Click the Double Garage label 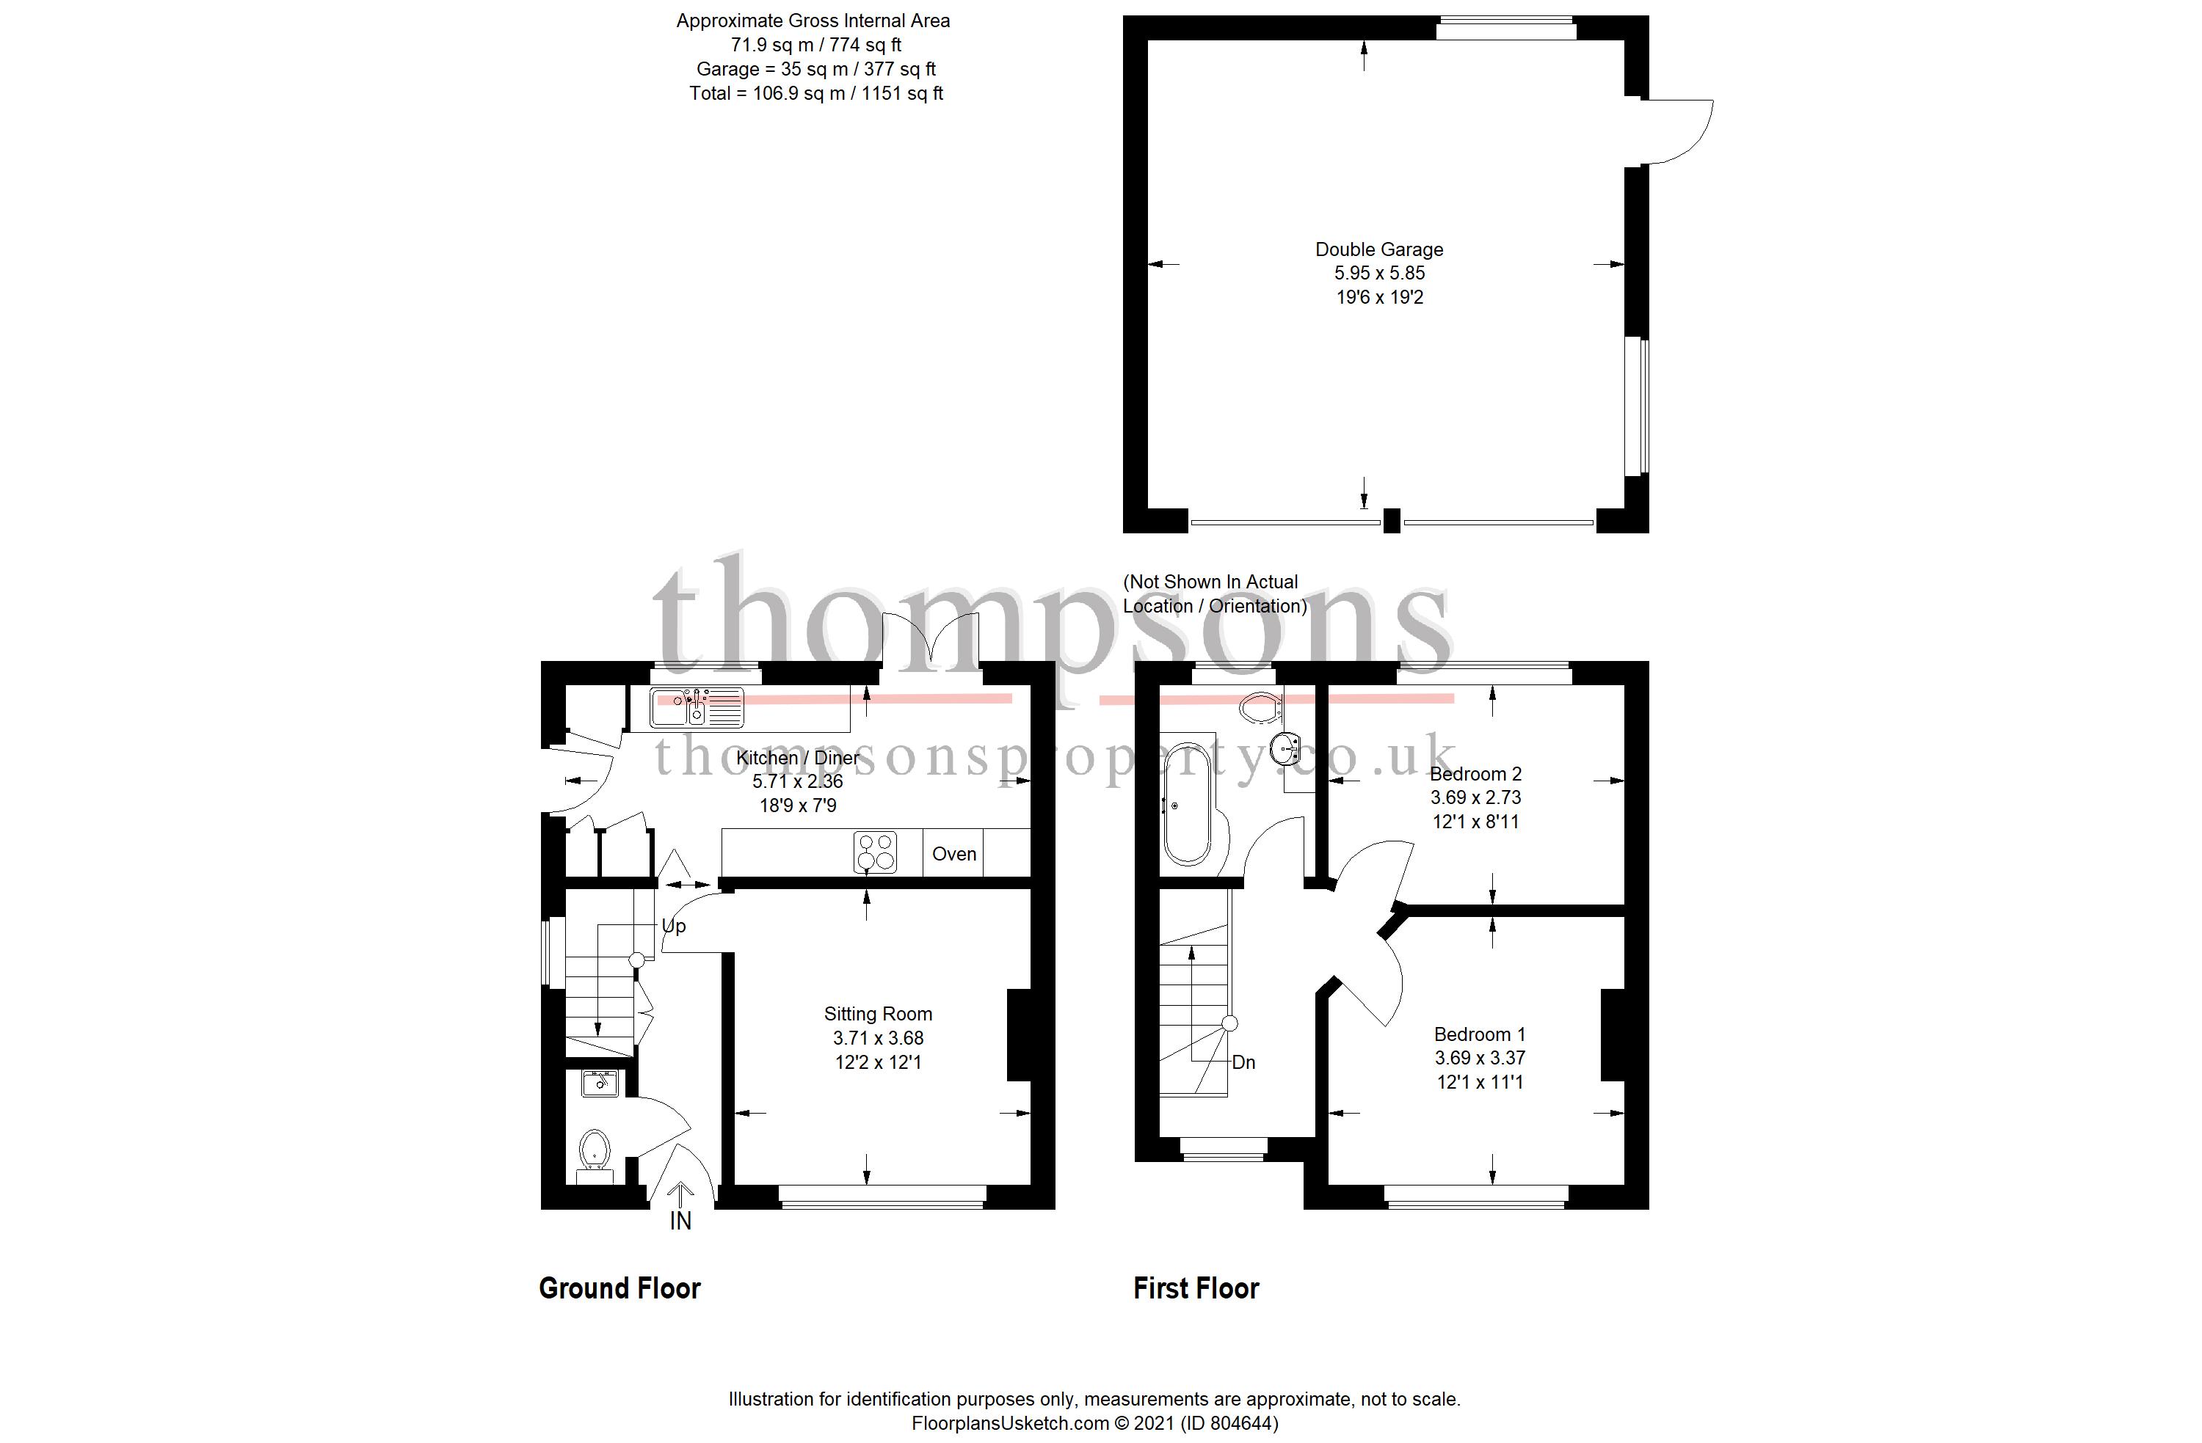tap(1378, 249)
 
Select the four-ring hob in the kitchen tap(875, 853)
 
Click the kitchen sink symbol tap(696, 708)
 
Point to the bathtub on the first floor tap(1186, 805)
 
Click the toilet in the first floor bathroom tap(1258, 709)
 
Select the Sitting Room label tap(878, 1014)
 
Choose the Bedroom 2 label tap(1476, 773)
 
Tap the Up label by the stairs tap(674, 926)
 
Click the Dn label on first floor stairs tap(1243, 1062)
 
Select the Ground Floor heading tap(620, 1288)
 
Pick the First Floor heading tap(1196, 1288)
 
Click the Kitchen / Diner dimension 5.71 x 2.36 tap(798, 781)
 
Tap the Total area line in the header tap(816, 93)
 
